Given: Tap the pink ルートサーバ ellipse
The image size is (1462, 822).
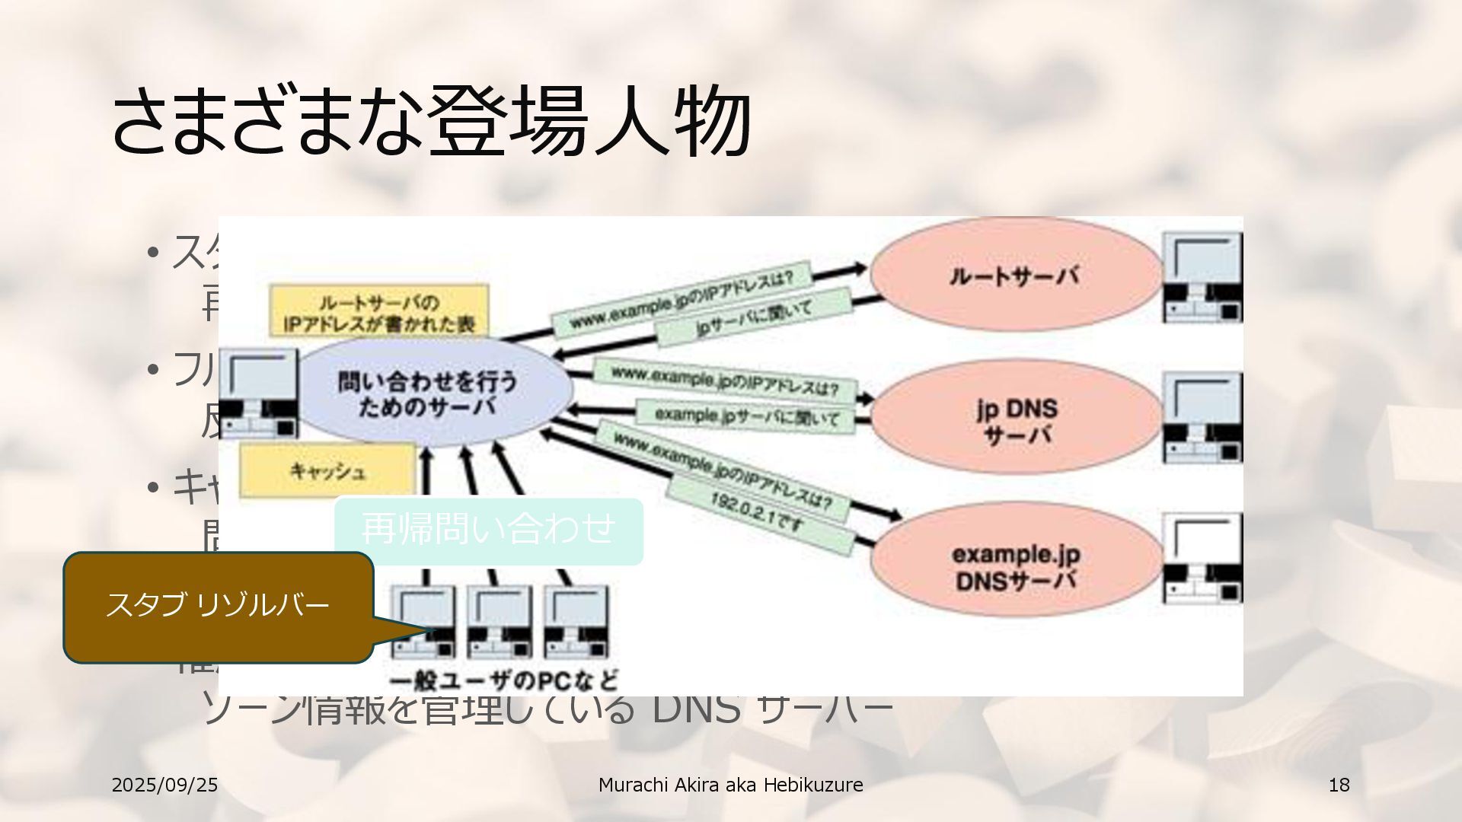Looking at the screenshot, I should [x=1015, y=276].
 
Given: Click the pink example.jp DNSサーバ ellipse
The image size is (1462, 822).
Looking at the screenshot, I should [x=1016, y=566].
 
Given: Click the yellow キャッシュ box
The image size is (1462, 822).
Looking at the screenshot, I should [x=327, y=470].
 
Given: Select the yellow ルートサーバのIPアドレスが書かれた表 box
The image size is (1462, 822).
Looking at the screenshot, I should [x=378, y=311].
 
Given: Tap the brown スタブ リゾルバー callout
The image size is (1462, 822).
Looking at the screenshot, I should [x=218, y=606].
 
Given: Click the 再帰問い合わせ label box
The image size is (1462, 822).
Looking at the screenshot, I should [x=488, y=530].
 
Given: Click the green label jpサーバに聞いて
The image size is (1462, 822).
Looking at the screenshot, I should [x=754, y=318].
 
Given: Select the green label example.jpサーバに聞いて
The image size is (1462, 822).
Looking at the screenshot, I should [x=746, y=416].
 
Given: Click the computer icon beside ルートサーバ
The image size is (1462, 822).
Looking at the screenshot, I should [x=1202, y=278].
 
